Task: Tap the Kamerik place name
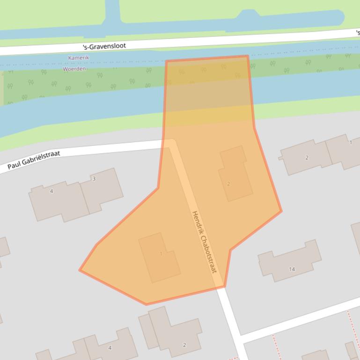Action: [78, 58]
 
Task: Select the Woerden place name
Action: [74, 69]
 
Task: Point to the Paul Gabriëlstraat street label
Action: [34, 160]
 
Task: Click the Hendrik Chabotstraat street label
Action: [204, 242]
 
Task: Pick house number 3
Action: [94, 179]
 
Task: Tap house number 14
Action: [292, 269]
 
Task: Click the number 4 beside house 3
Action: [51, 191]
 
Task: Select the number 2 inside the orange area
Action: [228, 184]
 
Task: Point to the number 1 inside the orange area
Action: [161, 254]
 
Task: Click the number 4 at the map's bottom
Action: [110, 348]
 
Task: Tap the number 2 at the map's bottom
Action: [184, 345]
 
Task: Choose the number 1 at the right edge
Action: [351, 143]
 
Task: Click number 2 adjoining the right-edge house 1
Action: [307, 158]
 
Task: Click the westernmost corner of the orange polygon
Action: [80, 270]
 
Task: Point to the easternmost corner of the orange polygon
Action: [281, 211]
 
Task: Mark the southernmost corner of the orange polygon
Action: [147, 304]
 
